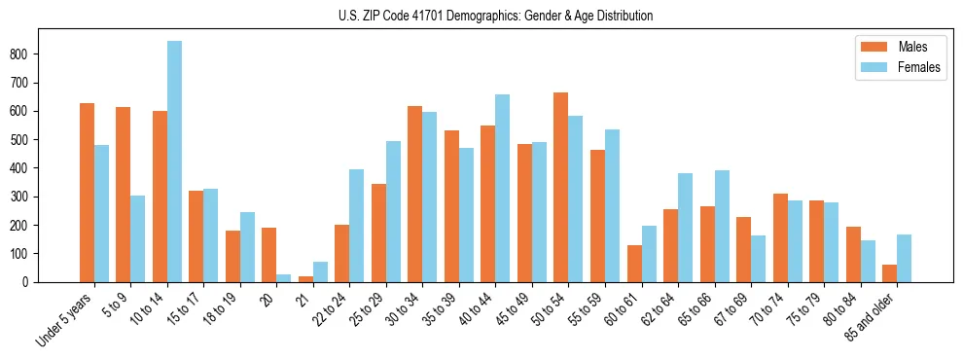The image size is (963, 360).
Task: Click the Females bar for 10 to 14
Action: pyautogui.click(x=174, y=162)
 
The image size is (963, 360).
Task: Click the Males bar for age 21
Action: pyautogui.click(x=305, y=279)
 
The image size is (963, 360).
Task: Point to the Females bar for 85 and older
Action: pyautogui.click(x=904, y=258)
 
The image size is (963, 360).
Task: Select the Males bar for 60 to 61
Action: pyautogui.click(x=634, y=264)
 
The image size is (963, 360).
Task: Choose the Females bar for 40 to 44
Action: pyautogui.click(x=502, y=188)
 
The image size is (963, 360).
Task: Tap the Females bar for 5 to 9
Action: pyautogui.click(x=138, y=238)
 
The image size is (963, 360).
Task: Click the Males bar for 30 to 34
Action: pyautogui.click(x=414, y=194)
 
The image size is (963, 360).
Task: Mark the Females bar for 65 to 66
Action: pyautogui.click(x=721, y=226)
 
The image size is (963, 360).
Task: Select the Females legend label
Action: pyautogui.click(x=918, y=69)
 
